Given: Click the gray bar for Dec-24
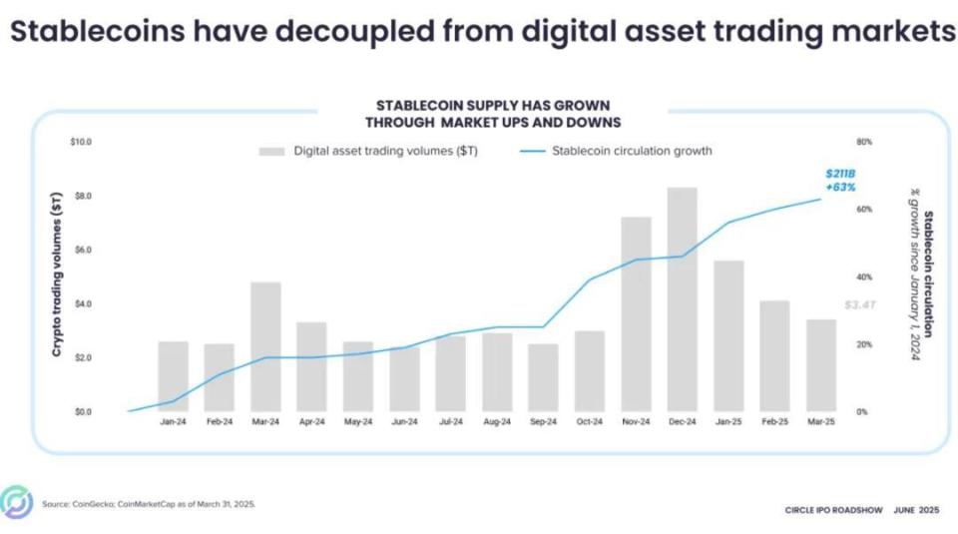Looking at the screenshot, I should point(682,299).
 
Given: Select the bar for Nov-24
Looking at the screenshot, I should point(636,314).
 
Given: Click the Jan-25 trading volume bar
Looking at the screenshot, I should point(728,335).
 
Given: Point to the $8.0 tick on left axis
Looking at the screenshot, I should point(80,196).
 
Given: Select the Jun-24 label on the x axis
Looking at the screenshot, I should point(404,422).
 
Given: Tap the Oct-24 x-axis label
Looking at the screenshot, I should point(589,422).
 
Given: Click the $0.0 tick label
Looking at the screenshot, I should point(80,411).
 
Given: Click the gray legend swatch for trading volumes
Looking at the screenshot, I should point(271,152).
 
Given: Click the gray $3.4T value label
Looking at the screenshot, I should point(858,304).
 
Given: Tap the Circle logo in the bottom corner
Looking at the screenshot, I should point(16,502).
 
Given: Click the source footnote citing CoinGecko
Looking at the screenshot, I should point(148,503).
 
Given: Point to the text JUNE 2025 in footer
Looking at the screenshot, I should point(914,510).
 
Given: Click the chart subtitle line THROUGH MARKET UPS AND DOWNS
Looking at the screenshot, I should point(493,122).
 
